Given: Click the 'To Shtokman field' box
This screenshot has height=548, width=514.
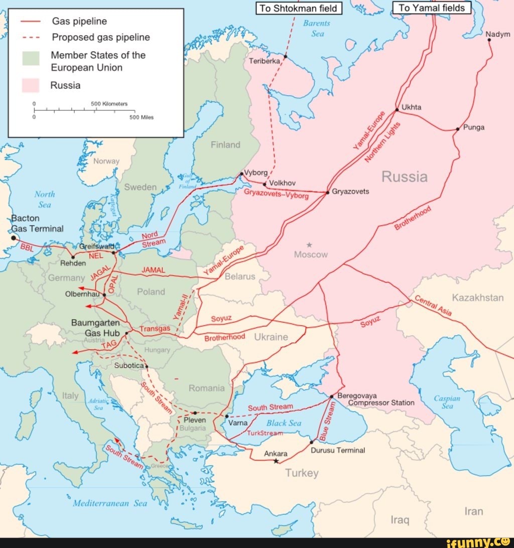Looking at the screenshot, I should pos(299,8).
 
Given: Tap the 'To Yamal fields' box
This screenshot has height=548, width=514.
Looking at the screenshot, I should pos(432,8).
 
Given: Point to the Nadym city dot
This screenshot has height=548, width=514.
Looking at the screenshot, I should pos(489,40).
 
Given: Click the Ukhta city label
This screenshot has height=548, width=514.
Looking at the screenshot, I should pos(412,107).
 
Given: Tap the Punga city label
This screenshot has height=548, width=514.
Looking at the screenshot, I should pos(474,127).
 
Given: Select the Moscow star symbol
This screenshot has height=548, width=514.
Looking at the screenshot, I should pos(310,245).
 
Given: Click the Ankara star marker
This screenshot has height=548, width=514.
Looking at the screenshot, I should pos(276,461).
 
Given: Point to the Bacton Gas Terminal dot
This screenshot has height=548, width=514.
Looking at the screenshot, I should pos(14,238).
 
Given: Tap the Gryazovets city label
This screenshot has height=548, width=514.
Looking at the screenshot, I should pos(350,191).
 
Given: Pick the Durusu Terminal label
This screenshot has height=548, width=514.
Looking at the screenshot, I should pos(338,450).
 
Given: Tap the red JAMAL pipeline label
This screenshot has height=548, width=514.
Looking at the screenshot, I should pos(154,270).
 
